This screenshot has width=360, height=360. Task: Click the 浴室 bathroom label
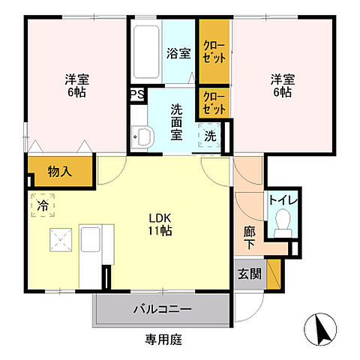click(x=178, y=54)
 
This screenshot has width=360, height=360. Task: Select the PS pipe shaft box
click(x=136, y=94)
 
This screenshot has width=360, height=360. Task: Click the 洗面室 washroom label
click(x=177, y=121)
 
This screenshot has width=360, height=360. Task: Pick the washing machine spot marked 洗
click(x=211, y=136)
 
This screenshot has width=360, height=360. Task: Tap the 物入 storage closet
click(x=60, y=172)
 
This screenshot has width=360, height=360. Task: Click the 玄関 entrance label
click(x=250, y=274)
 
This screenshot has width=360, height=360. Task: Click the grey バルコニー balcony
click(x=162, y=309)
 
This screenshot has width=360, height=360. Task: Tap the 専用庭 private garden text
click(x=163, y=339)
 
